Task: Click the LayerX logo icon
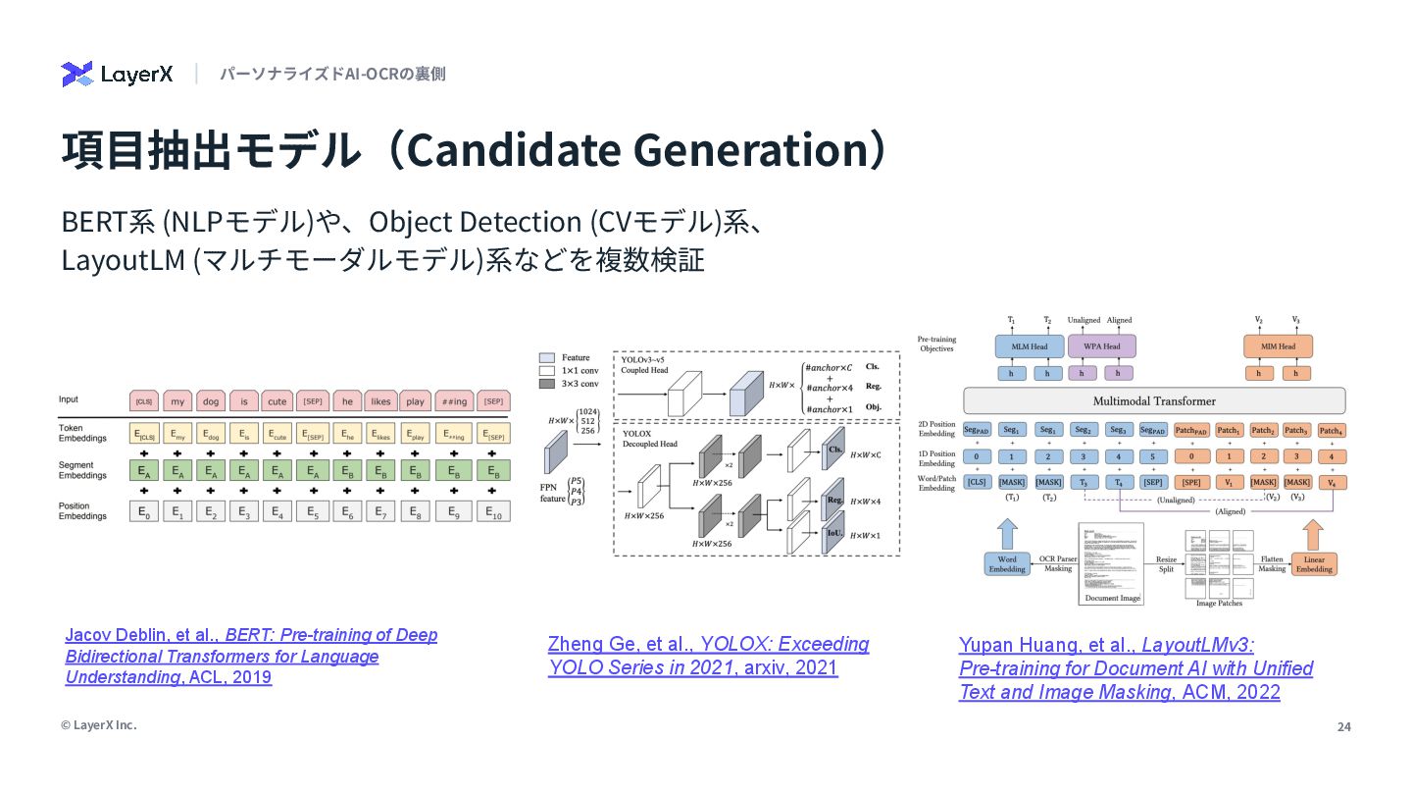tap(76, 74)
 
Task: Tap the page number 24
tap(1343, 726)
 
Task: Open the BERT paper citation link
tap(251, 656)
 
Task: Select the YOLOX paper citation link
tap(708, 656)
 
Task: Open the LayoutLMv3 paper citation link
tap(1135, 667)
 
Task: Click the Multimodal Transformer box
tap(1154, 400)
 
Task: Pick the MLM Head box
tap(1029, 346)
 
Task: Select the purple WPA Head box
tap(1103, 346)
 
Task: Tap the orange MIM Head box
tap(1278, 346)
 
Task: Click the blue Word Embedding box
tap(1007, 564)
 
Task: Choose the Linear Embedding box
tap(1314, 564)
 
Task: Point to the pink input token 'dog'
tap(211, 401)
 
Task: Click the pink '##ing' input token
tap(453, 401)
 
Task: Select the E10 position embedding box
tap(493, 511)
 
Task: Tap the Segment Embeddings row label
tap(82, 471)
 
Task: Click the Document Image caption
tap(1111, 598)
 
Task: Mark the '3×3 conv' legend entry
tap(576, 385)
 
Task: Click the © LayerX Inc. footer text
tap(98, 725)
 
